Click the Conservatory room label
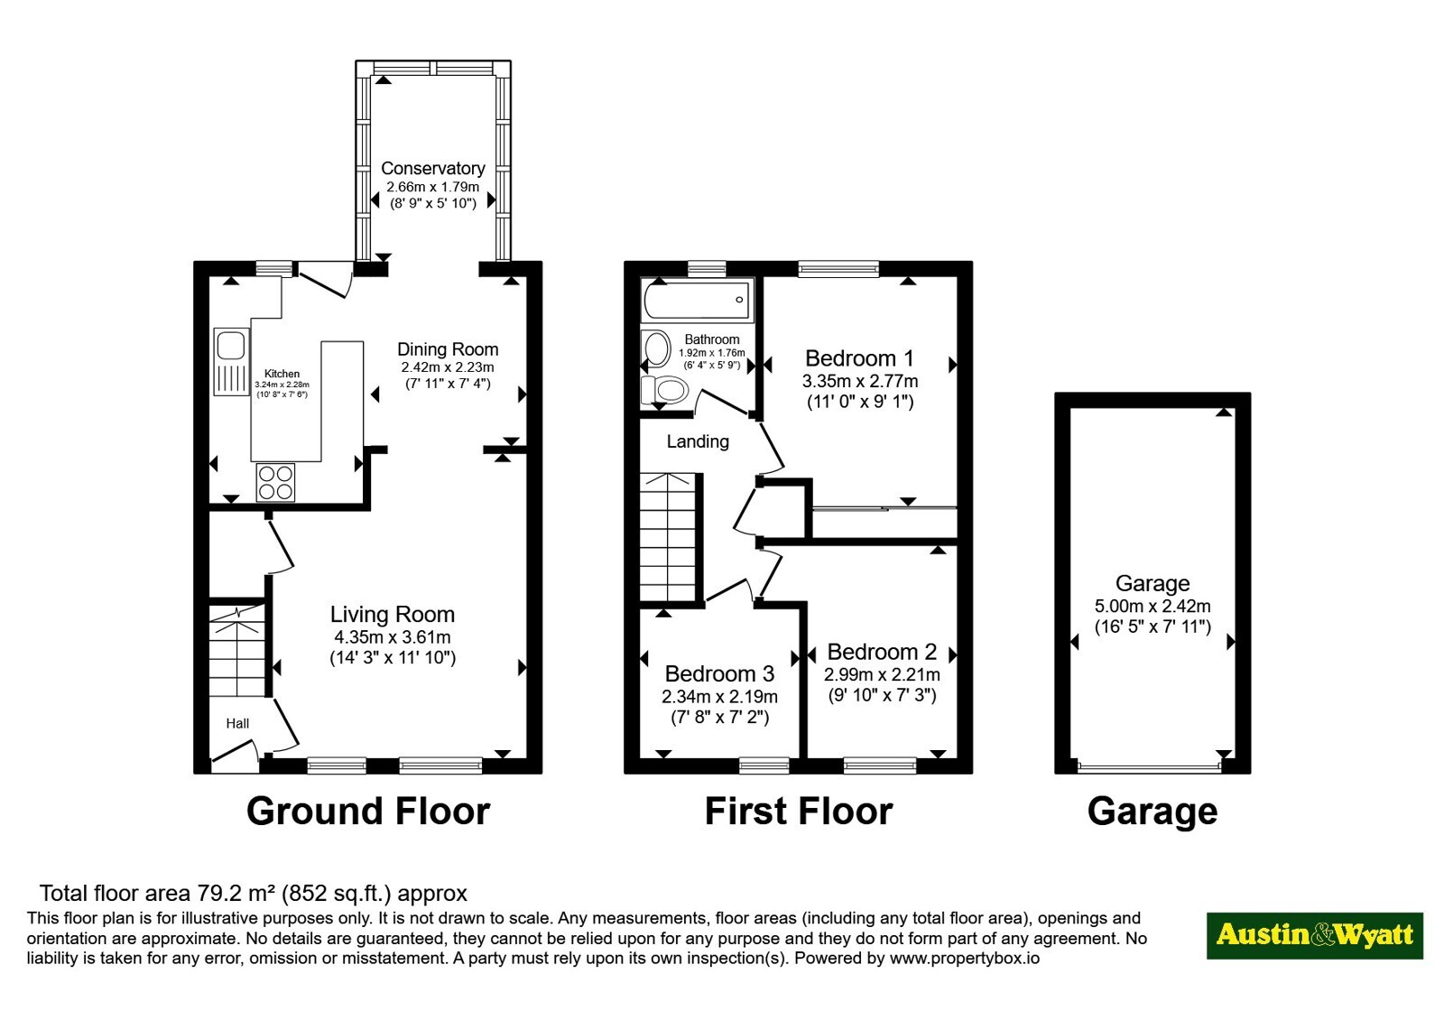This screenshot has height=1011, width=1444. coord(432,168)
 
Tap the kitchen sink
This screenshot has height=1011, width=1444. coord(231,362)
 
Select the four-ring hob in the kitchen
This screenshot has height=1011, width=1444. coord(275,482)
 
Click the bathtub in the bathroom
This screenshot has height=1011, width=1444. coord(697,300)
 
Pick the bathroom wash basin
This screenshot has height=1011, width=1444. coord(655,348)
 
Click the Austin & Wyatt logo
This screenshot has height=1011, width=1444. coord(1314,935)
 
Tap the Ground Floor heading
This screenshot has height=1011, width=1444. coord(368,812)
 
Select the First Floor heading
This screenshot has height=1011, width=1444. coord(798,812)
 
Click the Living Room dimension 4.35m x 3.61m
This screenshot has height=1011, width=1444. coord(392,637)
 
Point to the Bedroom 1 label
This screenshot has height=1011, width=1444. coord(859,357)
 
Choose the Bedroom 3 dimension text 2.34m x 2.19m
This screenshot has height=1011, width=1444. coord(719,697)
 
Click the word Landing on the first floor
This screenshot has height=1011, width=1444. coord(698,441)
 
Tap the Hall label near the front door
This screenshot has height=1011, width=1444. coord(237,723)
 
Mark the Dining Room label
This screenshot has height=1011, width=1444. coord(448,349)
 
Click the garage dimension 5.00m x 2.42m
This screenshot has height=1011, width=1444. coord(1152,606)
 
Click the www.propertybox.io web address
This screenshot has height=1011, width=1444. coord(965,958)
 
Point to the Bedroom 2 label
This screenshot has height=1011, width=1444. coord(881,652)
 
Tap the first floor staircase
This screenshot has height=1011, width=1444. coord(669,537)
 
